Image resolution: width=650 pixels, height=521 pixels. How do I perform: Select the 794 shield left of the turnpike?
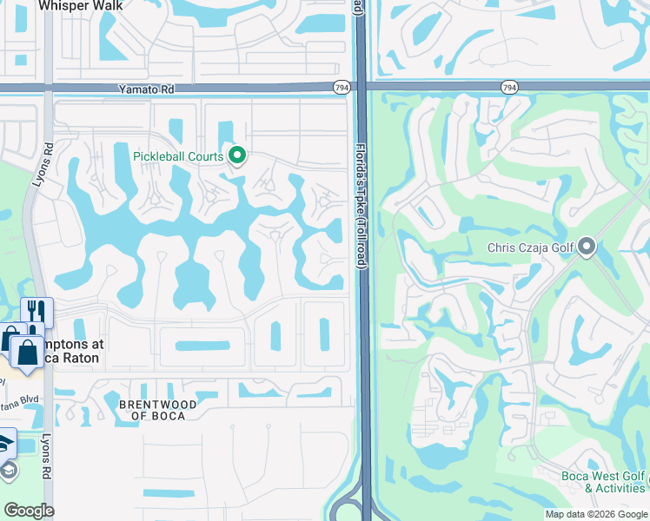[x=342, y=87]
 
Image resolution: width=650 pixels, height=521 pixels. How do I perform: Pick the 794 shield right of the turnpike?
[x=509, y=87]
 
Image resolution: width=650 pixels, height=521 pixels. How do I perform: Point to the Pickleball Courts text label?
[x=178, y=156]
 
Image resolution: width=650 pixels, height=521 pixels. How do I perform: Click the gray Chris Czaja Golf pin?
[x=587, y=248]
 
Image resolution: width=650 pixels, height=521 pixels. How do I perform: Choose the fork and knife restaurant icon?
[x=36, y=313]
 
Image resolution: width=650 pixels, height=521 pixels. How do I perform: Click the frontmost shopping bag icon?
[x=26, y=353]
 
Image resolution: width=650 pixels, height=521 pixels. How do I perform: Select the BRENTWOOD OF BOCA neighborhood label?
[x=157, y=410]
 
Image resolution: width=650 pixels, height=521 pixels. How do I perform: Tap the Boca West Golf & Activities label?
[x=614, y=482]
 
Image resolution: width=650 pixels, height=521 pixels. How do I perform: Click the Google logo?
[x=29, y=511]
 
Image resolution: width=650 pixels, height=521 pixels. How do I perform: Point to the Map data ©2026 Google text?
[x=596, y=514]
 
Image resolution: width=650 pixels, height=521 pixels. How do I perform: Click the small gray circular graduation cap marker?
[x=8, y=470]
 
